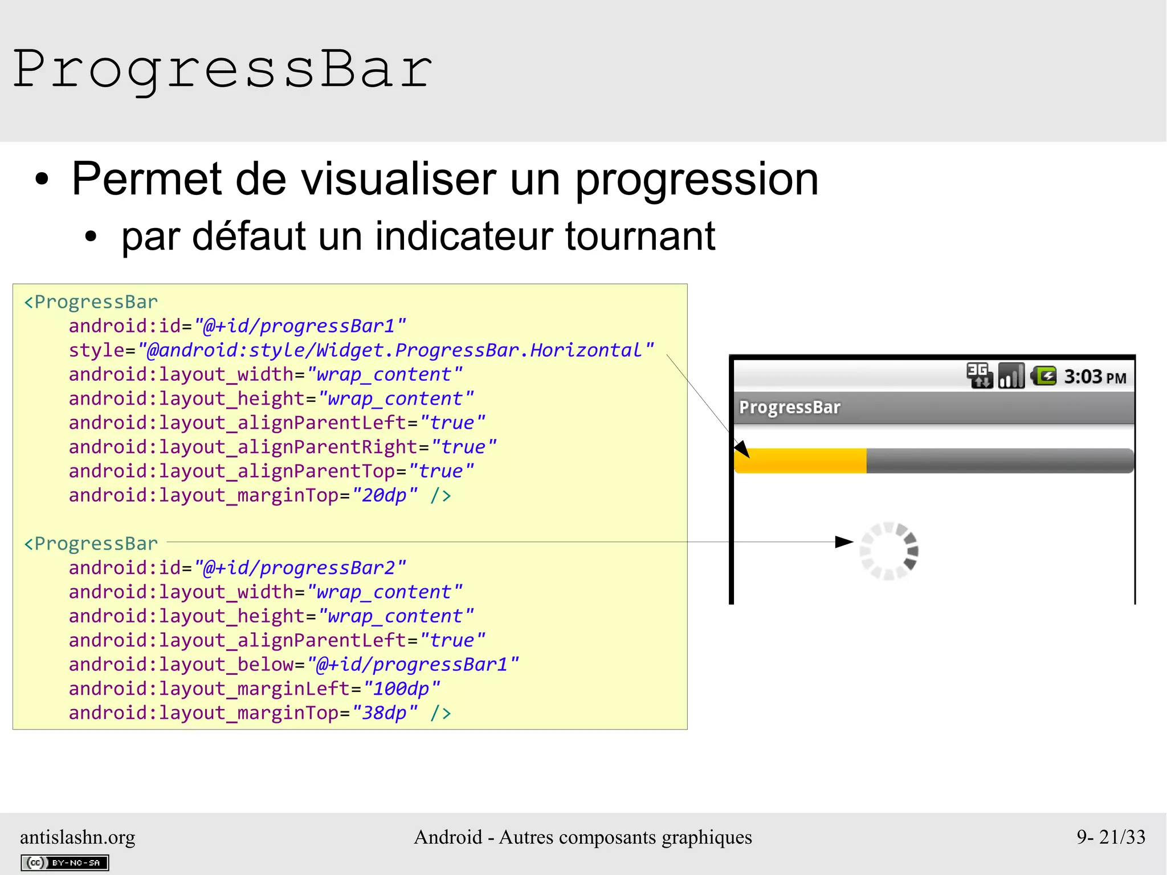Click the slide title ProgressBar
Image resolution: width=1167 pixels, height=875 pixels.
222,70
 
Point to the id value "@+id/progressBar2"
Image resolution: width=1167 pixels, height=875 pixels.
300,568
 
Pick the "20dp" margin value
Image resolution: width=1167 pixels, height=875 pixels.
385,495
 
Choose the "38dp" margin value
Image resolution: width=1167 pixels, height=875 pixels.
385,713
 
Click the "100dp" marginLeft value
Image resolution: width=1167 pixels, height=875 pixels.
401,689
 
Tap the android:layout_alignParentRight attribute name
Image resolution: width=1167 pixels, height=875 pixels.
243,447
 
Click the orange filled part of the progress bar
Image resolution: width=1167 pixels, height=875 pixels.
801,461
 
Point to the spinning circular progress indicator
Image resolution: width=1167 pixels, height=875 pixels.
888,551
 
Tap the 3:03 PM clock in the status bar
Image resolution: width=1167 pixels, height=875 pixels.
1095,377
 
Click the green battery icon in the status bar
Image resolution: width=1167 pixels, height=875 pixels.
1044,376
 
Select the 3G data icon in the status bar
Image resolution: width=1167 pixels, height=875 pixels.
980,376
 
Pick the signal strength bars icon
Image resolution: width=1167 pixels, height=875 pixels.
1011,376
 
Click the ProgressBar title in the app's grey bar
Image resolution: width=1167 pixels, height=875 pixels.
789,408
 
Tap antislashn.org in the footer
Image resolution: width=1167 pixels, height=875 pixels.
77,837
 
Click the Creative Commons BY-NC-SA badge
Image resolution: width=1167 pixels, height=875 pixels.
64,863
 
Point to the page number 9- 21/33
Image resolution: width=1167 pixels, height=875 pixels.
1111,837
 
